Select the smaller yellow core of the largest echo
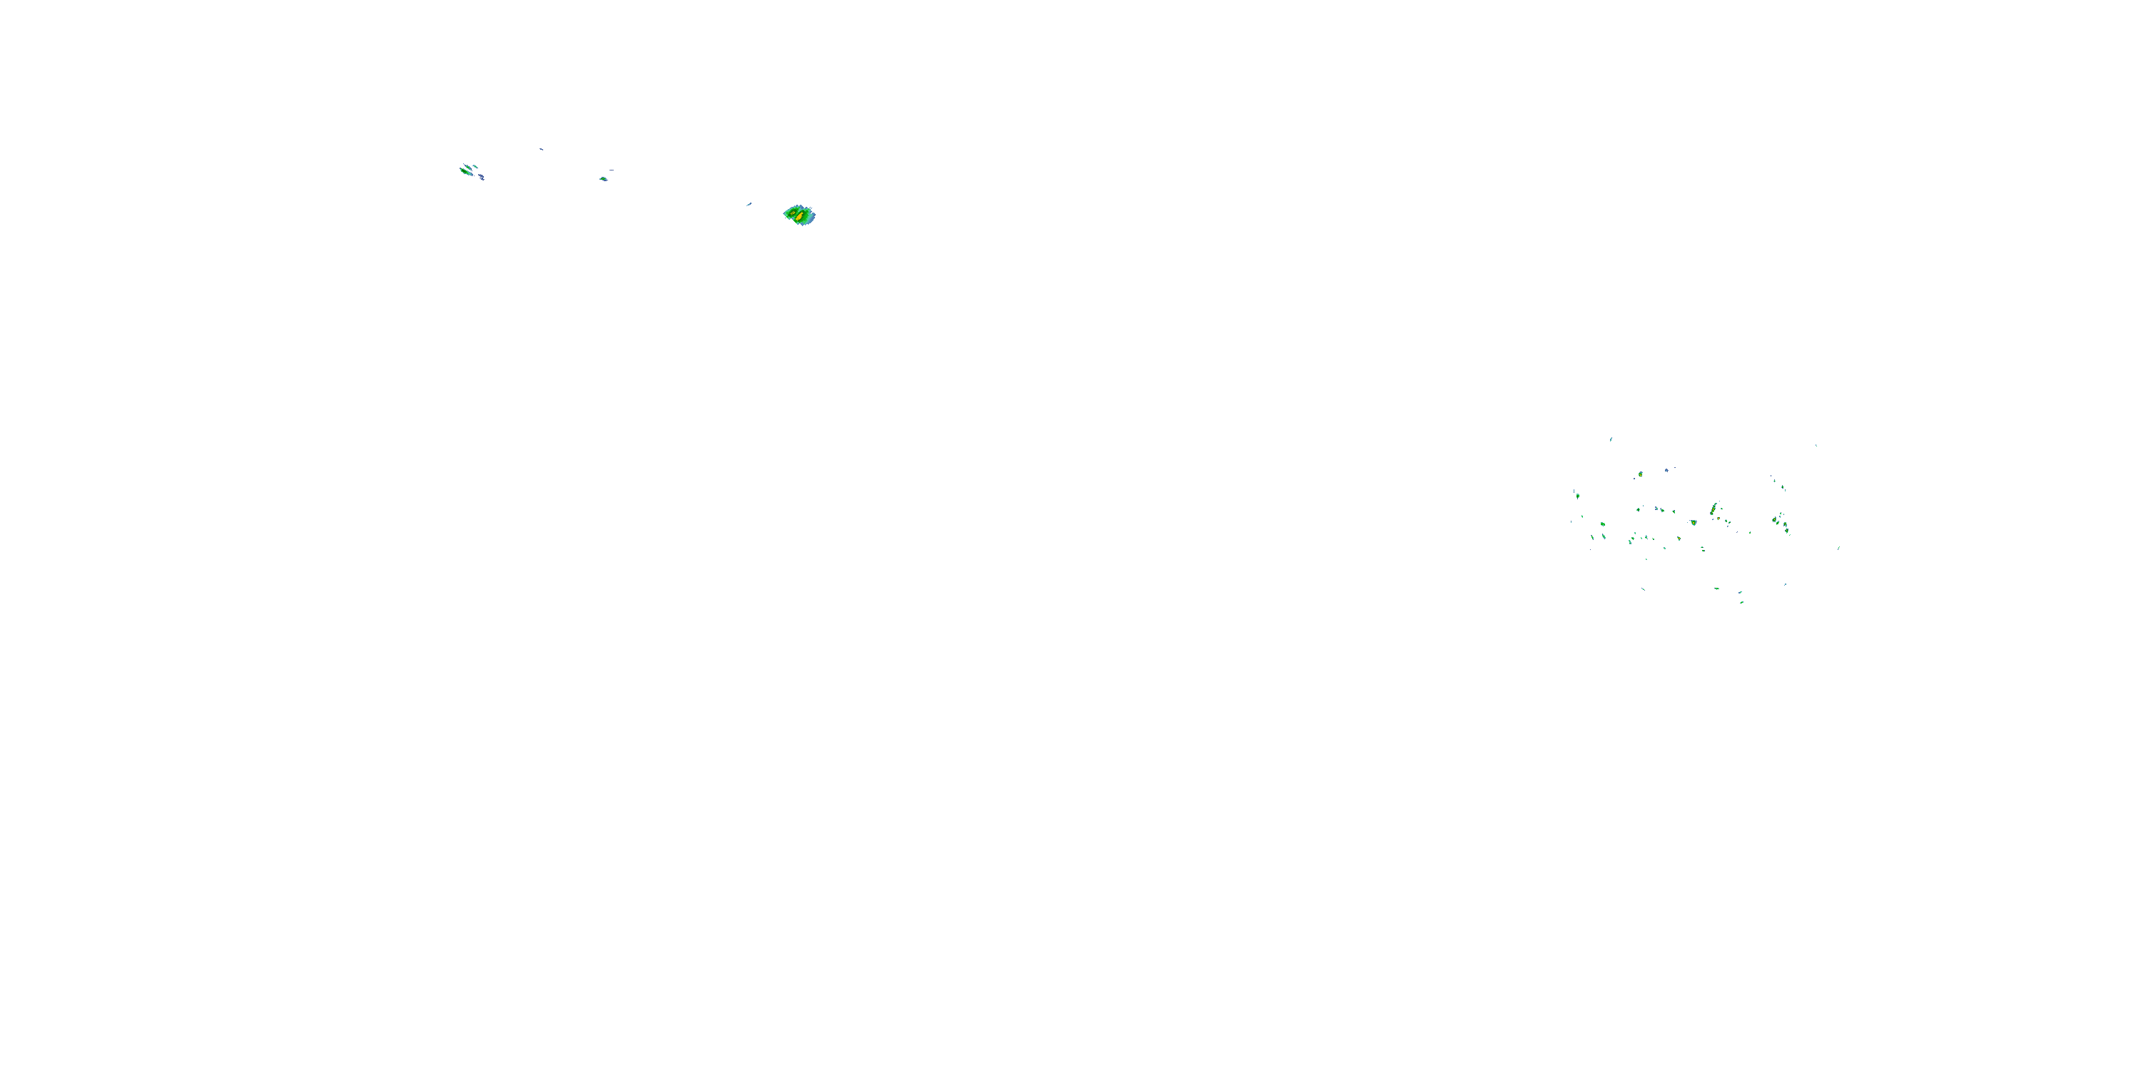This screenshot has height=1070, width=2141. (793, 213)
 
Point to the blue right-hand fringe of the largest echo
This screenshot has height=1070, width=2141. (813, 217)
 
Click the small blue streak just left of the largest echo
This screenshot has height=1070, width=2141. (749, 204)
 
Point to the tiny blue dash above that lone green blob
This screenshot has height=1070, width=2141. (612, 170)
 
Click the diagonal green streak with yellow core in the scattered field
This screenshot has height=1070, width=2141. (1713, 509)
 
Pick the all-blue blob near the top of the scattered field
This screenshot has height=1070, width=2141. (1666, 470)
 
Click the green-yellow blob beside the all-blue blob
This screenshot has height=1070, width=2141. (1641, 474)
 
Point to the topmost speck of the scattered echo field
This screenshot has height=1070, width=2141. (1611, 439)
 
